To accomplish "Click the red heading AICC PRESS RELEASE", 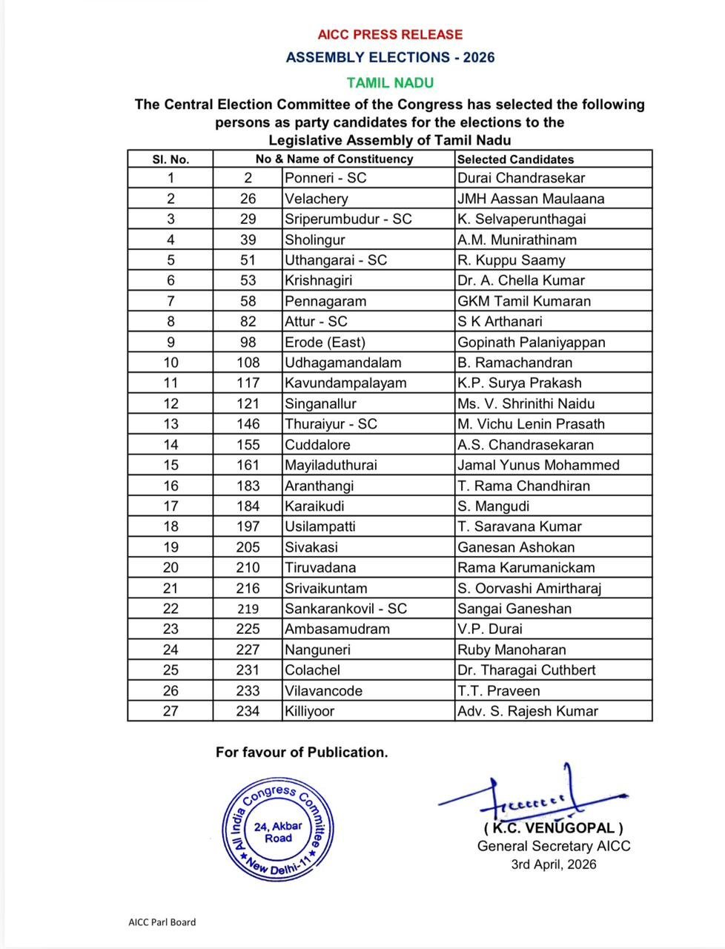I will (390, 34).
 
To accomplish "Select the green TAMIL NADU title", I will (390, 82).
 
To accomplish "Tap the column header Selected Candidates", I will (515, 159).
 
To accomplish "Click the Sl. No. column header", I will (171, 159).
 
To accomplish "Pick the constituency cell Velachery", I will (317, 199).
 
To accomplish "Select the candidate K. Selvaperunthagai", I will (521, 219).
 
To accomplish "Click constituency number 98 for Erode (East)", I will (248, 342).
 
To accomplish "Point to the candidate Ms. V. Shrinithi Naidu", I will (526, 403).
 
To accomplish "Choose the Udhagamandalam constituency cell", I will (343, 363).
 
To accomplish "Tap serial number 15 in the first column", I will (171, 465).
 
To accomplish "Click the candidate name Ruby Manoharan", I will (512, 649).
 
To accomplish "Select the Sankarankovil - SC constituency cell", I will (346, 609).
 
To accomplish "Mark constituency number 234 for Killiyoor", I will (248, 711).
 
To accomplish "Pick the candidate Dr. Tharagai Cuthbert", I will (526, 670).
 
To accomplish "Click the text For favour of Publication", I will (302, 752).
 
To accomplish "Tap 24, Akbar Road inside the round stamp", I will (278, 832).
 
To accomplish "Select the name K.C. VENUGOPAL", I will (554, 828).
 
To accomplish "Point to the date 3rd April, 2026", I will (553, 864).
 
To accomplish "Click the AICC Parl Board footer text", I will (162, 922).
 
